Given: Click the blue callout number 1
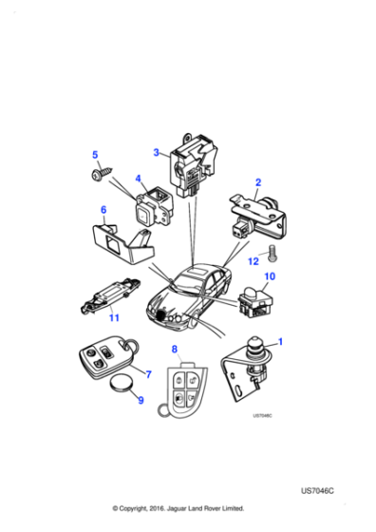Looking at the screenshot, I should point(278,340).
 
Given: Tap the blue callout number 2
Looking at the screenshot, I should point(257,180).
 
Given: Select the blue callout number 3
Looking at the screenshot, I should point(156,152).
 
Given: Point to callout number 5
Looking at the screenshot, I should point(94,155).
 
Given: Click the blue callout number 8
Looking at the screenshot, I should point(174,350).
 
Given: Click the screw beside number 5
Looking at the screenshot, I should point(98,177).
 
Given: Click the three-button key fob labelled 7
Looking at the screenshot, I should point(97,360).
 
